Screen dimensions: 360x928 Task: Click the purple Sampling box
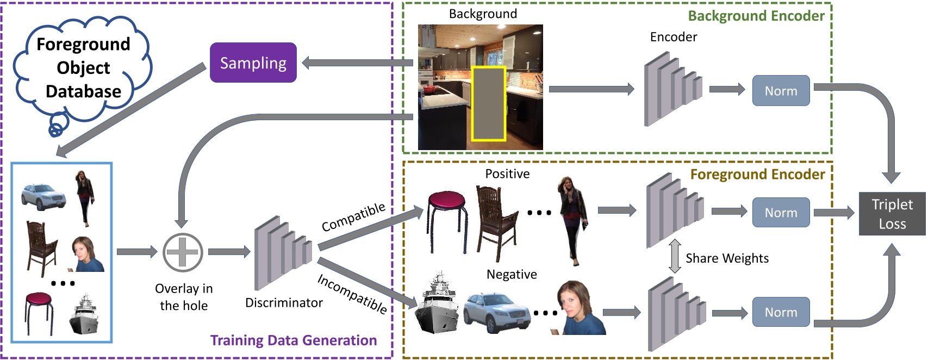pos(253,63)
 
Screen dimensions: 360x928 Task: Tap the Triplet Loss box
pos(892,214)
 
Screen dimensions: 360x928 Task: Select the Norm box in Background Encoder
pos(781,91)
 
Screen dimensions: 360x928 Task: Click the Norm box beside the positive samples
pos(781,213)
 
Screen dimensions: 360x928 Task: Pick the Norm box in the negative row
pos(781,312)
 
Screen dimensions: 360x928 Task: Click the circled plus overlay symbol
pos(183,253)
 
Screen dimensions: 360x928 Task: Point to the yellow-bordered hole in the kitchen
pos(489,104)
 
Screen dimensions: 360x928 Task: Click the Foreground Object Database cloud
pos(83,68)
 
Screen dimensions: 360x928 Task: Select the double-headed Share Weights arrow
pos(675,257)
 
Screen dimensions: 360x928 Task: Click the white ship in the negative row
pos(437,305)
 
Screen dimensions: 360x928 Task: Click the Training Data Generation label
pos(294,340)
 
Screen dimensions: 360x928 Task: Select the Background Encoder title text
pos(756,16)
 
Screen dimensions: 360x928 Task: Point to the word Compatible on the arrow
pos(353,217)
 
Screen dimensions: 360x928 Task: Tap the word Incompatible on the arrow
pos(352,294)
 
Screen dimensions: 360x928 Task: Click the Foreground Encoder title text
pos(757,175)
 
